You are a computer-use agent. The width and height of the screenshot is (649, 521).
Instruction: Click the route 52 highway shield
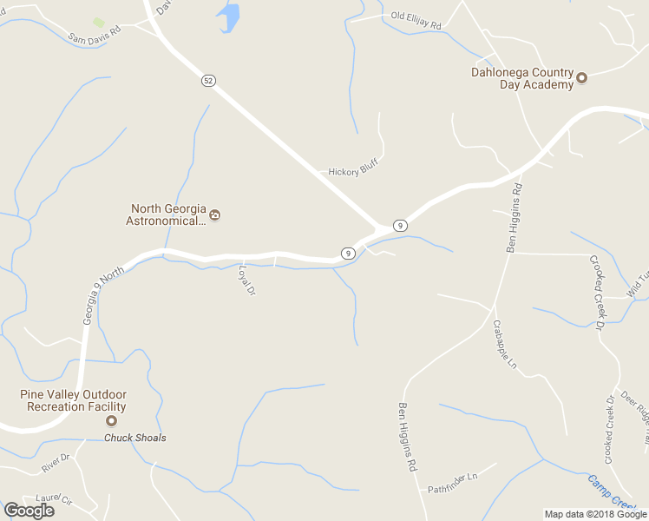207,81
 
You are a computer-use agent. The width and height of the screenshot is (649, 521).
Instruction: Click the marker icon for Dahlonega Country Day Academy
582,78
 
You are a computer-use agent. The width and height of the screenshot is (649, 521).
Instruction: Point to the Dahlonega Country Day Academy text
522,78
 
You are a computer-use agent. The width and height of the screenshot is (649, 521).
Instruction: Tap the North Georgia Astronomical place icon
215,214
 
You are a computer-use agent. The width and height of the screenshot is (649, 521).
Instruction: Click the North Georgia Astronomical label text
169,214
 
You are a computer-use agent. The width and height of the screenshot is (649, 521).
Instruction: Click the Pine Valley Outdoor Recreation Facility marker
111,421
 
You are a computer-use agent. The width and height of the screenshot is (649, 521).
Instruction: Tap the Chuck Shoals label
135,438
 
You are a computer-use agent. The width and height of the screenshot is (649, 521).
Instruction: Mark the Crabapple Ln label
504,343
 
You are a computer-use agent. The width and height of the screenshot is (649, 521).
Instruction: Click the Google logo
29,511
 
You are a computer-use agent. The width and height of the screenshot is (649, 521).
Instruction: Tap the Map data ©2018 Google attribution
596,514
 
